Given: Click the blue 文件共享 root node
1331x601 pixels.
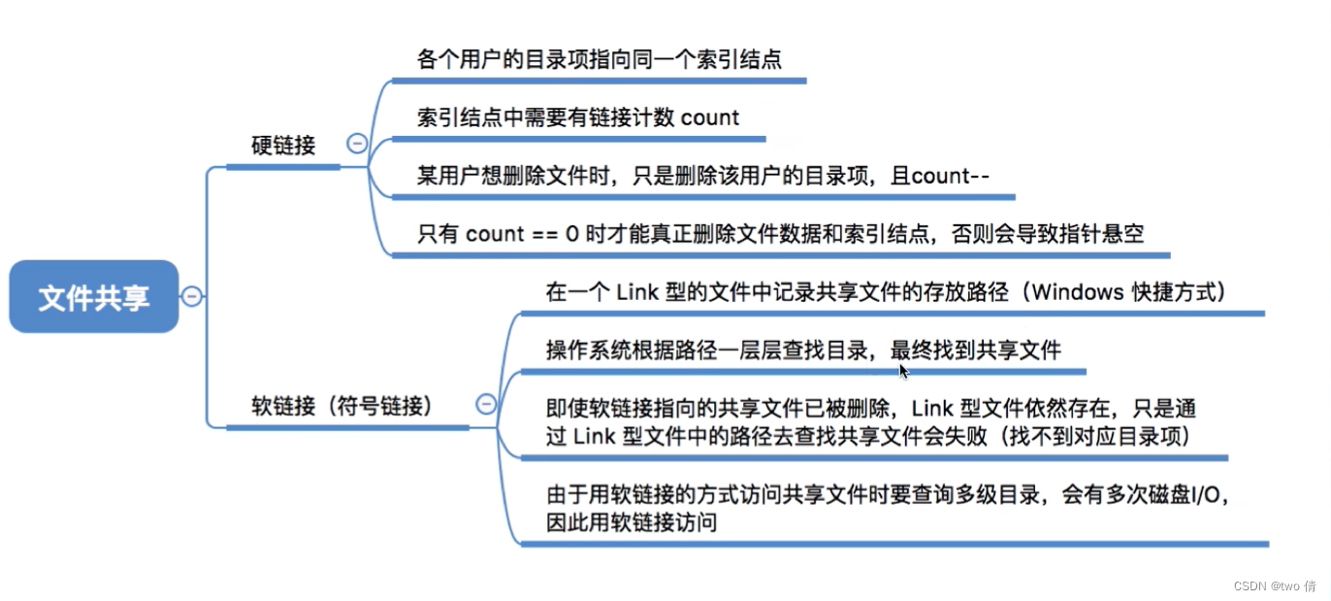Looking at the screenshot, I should [94, 297].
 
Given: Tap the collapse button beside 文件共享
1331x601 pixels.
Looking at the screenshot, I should [192, 296].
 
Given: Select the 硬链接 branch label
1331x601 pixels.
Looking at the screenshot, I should [283, 146].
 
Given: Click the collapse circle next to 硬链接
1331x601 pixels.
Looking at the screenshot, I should [357, 144].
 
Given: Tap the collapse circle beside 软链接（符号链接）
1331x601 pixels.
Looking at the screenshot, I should [486, 404].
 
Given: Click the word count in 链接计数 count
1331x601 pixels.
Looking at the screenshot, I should [710, 118].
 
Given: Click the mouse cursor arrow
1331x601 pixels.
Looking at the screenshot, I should [903, 370].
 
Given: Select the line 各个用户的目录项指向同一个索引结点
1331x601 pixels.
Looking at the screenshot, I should [599, 60].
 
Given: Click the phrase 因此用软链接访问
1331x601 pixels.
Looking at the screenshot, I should [632, 522].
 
